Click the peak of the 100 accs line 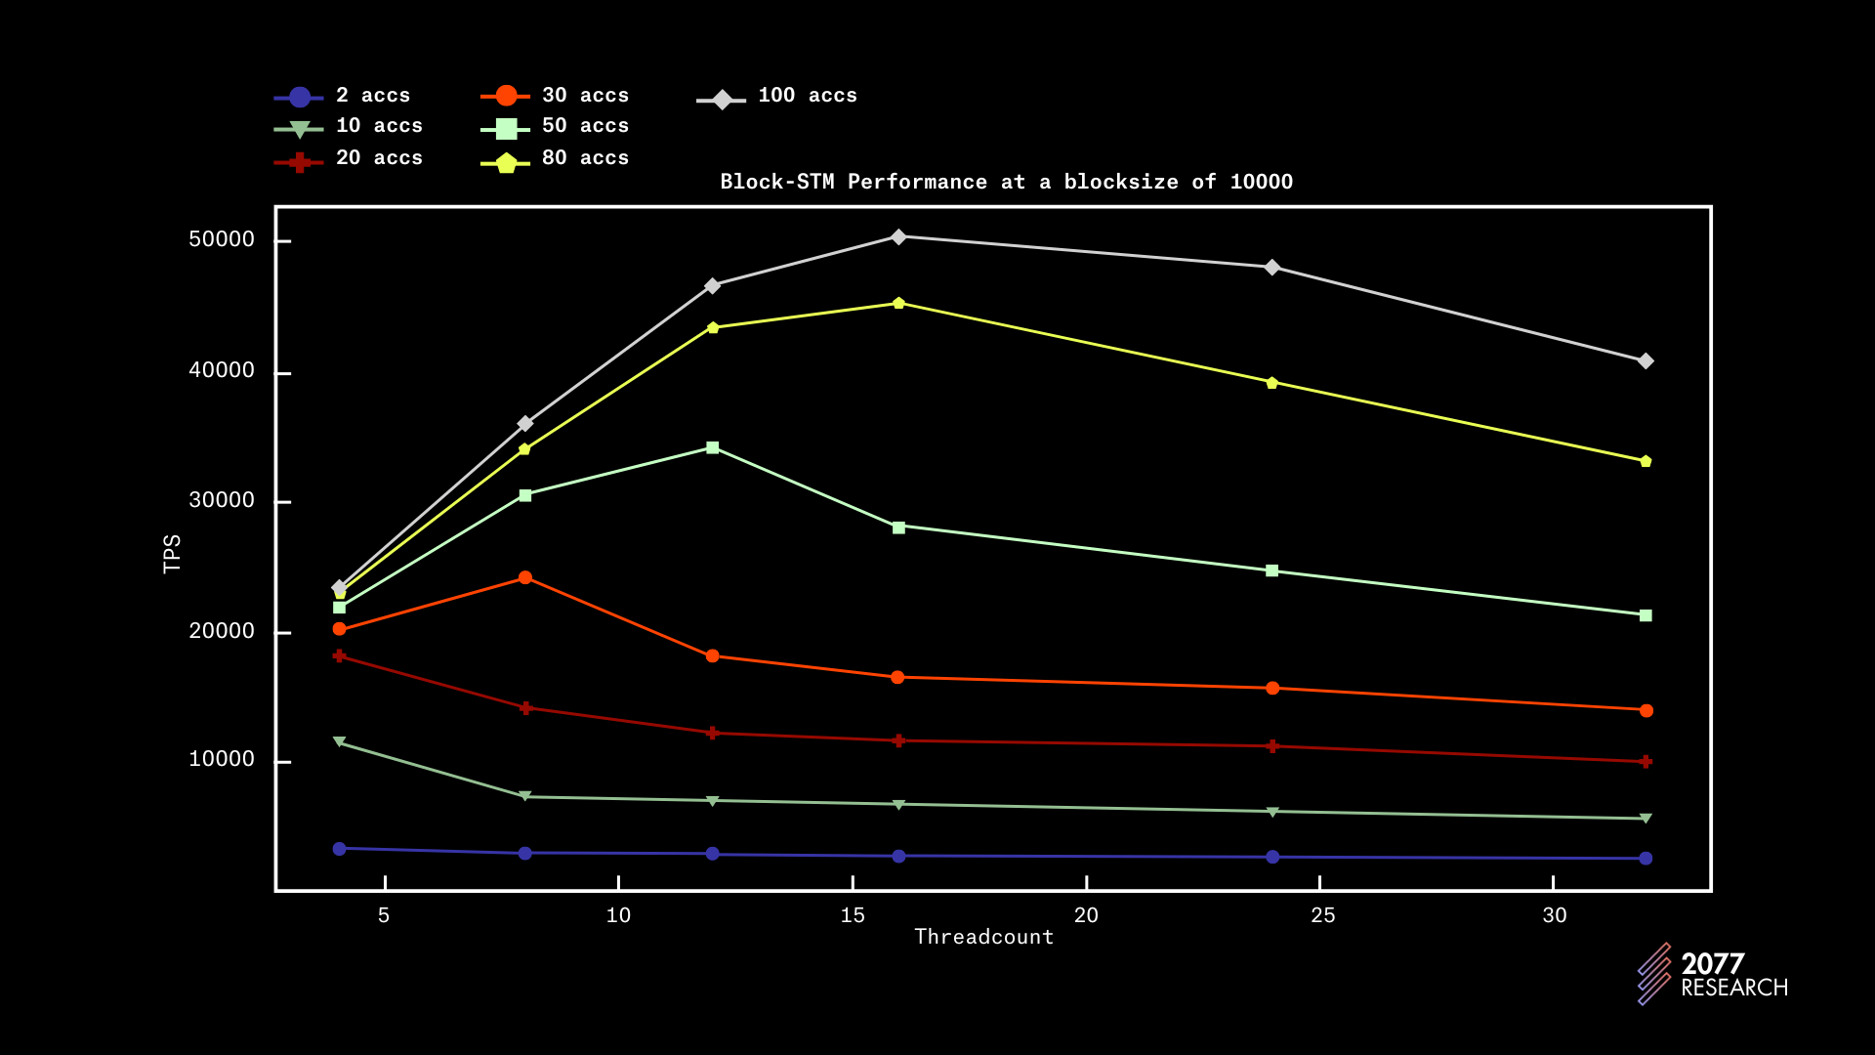pyautogui.click(x=898, y=236)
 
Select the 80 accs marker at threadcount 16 pyautogui.click(x=898, y=303)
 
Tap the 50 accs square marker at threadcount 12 pyautogui.click(x=712, y=447)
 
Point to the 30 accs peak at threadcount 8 pyautogui.click(x=525, y=577)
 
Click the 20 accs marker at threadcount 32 pyautogui.click(x=1646, y=761)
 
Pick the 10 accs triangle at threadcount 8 pyautogui.click(x=525, y=796)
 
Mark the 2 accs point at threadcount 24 pyautogui.click(x=1272, y=857)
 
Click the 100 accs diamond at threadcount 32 pyautogui.click(x=1646, y=361)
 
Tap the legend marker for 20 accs pyautogui.click(x=300, y=162)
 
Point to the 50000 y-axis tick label pyautogui.click(x=222, y=240)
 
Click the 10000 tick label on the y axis pyautogui.click(x=222, y=760)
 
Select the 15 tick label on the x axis pyautogui.click(x=853, y=915)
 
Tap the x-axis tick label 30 pyautogui.click(x=1554, y=915)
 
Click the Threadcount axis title pyautogui.click(x=983, y=937)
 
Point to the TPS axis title pyautogui.click(x=172, y=553)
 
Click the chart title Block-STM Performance pyautogui.click(x=1006, y=182)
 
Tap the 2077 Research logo pyautogui.click(x=1713, y=974)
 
